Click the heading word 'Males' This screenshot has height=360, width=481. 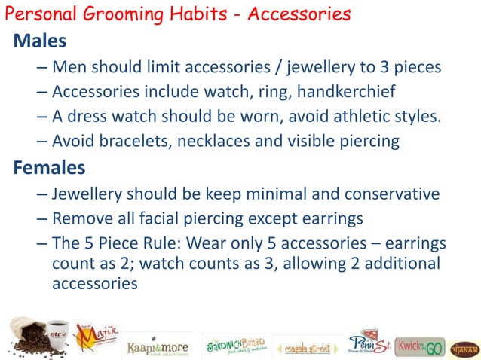40,40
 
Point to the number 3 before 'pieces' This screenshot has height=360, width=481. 388,67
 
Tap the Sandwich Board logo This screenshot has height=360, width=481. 235,345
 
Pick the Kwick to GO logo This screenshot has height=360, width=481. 419,346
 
